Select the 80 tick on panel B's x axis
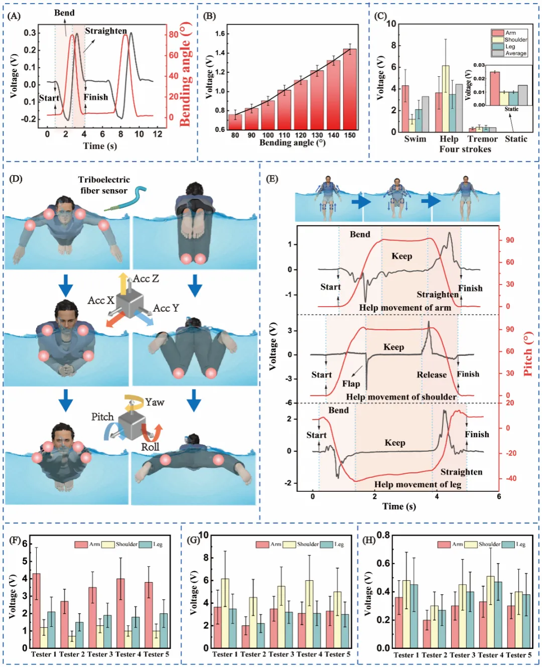(x=235, y=135)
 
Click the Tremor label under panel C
(x=482, y=139)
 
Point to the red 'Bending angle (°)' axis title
(x=185, y=74)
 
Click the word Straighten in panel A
(x=106, y=31)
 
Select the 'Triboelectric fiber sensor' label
(x=104, y=185)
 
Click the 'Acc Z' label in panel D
(x=146, y=279)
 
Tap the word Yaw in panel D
(x=155, y=402)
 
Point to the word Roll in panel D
(x=150, y=447)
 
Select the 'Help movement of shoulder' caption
(x=401, y=397)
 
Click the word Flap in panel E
(x=351, y=383)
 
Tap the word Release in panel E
(x=431, y=374)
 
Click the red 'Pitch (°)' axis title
(x=527, y=354)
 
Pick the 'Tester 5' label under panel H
(x=518, y=655)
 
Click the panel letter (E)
(x=272, y=179)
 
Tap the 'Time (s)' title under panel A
(x=100, y=146)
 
